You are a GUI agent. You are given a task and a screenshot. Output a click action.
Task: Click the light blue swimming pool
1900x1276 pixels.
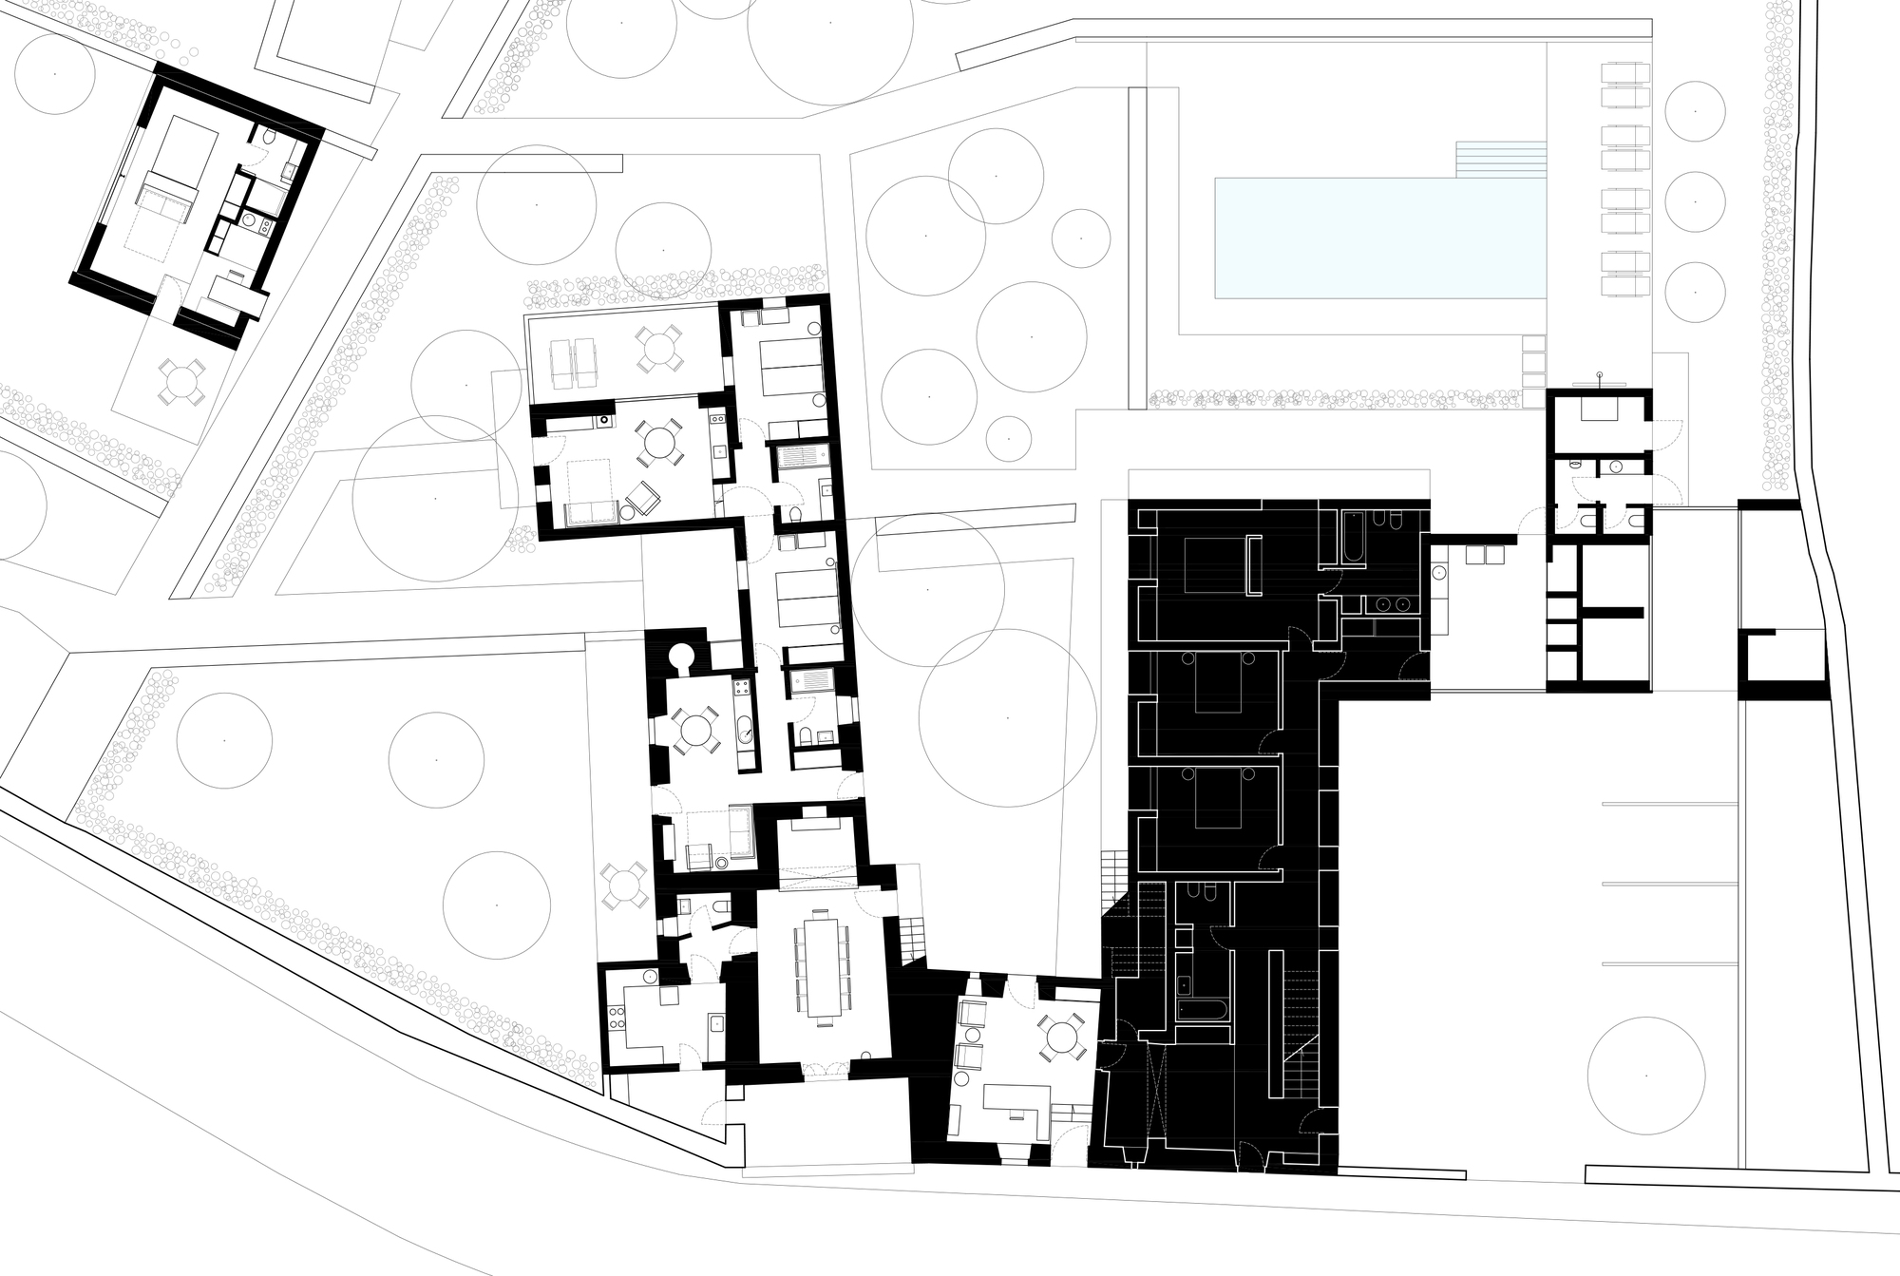[1377, 238]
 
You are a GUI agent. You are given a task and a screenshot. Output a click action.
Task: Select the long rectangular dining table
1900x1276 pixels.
[823, 964]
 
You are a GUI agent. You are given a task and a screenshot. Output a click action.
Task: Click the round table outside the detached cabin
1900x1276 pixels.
[180, 383]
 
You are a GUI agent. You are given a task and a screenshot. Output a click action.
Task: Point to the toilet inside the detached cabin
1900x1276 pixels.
[269, 140]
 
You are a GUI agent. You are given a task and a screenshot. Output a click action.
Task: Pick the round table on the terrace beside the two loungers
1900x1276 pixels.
[657, 348]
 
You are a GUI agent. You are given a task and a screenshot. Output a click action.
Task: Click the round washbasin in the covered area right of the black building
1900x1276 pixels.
[1438, 574]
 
